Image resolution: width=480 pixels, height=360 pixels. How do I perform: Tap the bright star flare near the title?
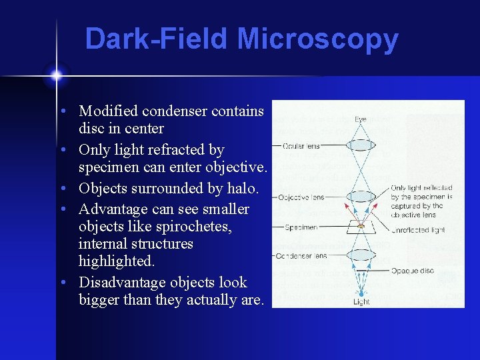(x=56, y=75)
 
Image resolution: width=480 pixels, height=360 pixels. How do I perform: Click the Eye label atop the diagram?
(x=360, y=119)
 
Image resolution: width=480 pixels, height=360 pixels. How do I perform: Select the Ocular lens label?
(x=301, y=146)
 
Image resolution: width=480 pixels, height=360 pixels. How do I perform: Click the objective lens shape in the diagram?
(x=361, y=197)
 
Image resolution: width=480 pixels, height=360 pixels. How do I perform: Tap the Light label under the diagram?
(x=360, y=302)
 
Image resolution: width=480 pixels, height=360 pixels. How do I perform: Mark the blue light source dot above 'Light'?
(x=361, y=291)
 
